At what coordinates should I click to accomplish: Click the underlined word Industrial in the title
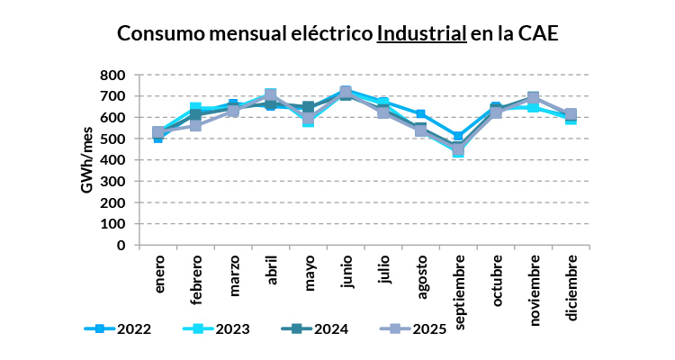pyautogui.click(x=421, y=34)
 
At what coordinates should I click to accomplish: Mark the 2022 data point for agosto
pyautogui.click(x=420, y=114)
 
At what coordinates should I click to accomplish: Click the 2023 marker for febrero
pyautogui.click(x=196, y=108)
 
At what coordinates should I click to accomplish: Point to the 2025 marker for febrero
pyautogui.click(x=196, y=125)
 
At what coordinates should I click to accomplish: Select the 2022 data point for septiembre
pyautogui.click(x=458, y=137)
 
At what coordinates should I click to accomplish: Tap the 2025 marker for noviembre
pyautogui.click(x=533, y=98)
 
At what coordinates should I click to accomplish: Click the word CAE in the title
pyautogui.click(x=538, y=34)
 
